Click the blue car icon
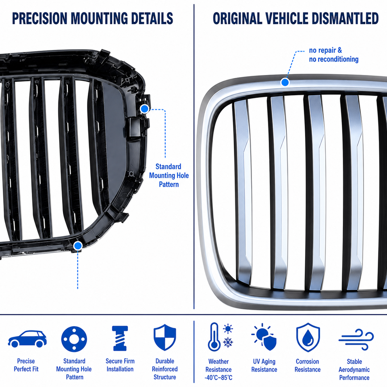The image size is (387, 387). click(x=27, y=339)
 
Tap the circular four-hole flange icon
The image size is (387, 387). click(x=74, y=339)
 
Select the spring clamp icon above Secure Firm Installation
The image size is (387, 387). click(x=120, y=338)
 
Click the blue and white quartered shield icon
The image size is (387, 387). click(x=164, y=338)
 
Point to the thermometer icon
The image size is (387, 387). click(x=214, y=337)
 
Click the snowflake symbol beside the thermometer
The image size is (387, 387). click(x=228, y=343)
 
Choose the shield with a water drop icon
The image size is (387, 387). click(x=308, y=337)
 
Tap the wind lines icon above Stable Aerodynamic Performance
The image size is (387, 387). click(x=356, y=339)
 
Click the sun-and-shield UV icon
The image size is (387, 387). click(x=264, y=337)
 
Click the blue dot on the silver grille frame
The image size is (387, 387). click(x=285, y=82)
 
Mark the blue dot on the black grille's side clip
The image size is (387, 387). click(x=145, y=109)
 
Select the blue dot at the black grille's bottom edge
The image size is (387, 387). click(x=78, y=246)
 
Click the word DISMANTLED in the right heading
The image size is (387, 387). click(x=345, y=19)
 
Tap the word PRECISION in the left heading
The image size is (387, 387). click(x=40, y=19)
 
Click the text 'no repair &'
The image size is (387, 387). click(x=326, y=50)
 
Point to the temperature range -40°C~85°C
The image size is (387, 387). click(x=218, y=378)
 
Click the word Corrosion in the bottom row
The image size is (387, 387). click(x=307, y=362)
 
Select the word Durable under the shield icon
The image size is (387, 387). click(x=164, y=361)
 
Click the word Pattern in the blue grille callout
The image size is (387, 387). click(x=169, y=184)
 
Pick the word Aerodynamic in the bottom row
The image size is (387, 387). click(x=354, y=370)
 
